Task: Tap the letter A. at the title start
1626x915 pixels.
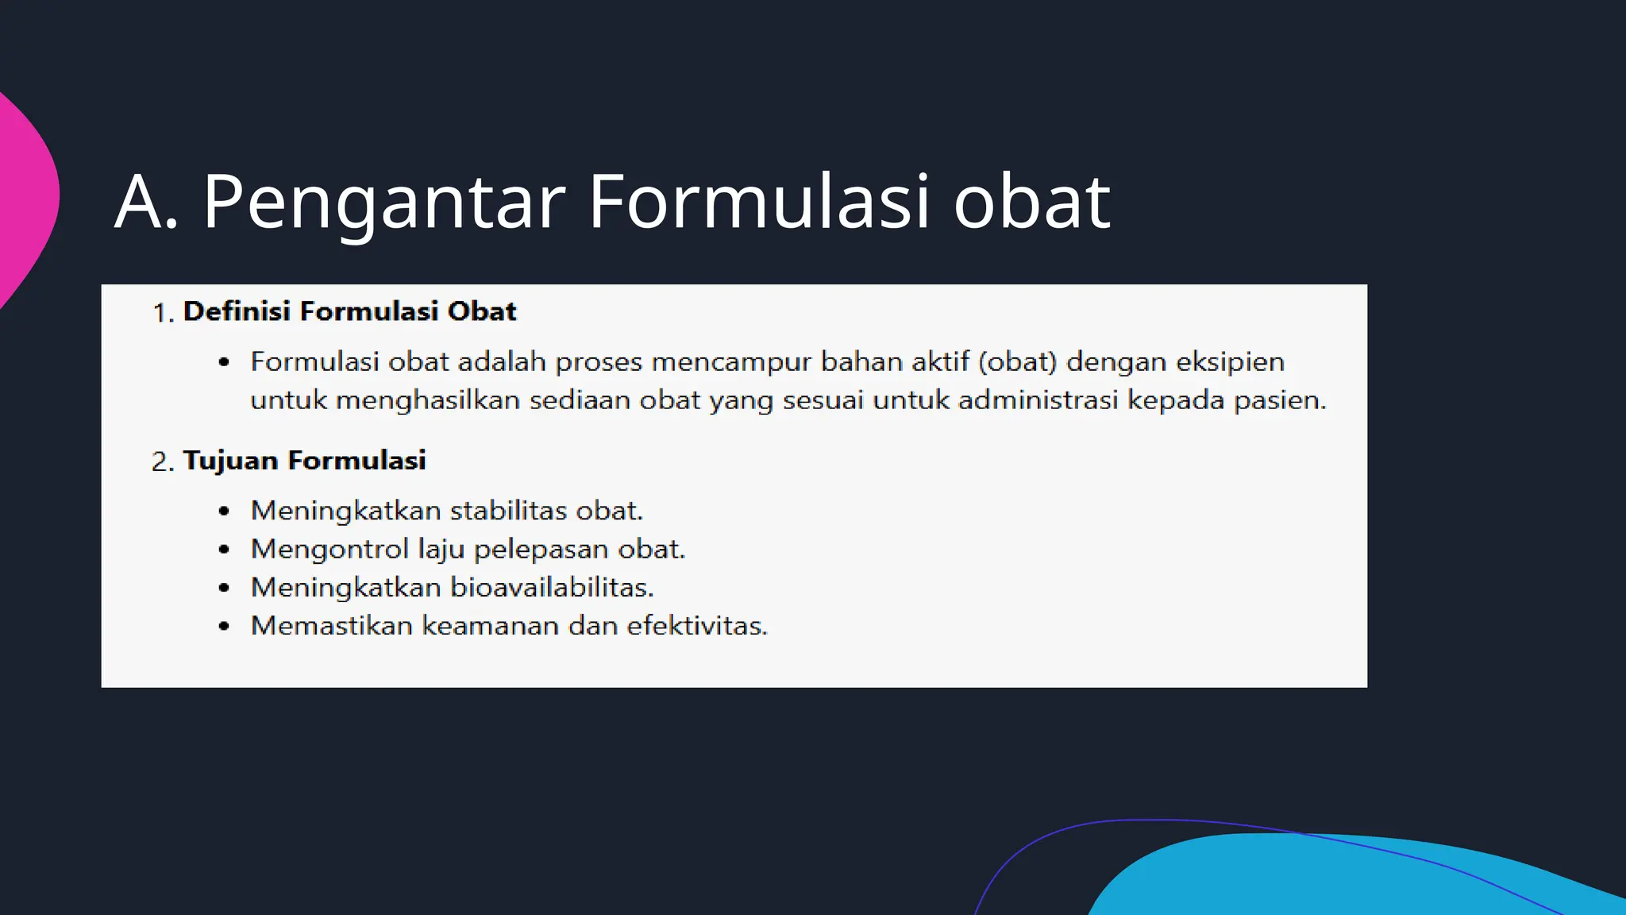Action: pyautogui.click(x=146, y=203)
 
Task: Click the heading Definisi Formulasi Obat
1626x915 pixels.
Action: pyautogui.click(x=349, y=311)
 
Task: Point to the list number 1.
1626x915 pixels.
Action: pyautogui.click(x=162, y=314)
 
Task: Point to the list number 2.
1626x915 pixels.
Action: pyautogui.click(x=162, y=462)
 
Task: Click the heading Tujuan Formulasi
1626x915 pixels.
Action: pyautogui.click(x=304, y=461)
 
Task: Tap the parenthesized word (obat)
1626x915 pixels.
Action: pyautogui.click(x=1017, y=362)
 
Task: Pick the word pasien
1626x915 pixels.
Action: pyautogui.click(x=1279, y=400)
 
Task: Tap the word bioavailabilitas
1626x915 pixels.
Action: pyautogui.click(x=552, y=588)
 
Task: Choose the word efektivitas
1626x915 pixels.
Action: pyautogui.click(x=697, y=626)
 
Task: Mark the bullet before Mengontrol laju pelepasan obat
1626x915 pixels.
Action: pyautogui.click(x=224, y=550)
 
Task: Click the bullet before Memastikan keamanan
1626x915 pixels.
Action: pyautogui.click(x=224, y=627)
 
